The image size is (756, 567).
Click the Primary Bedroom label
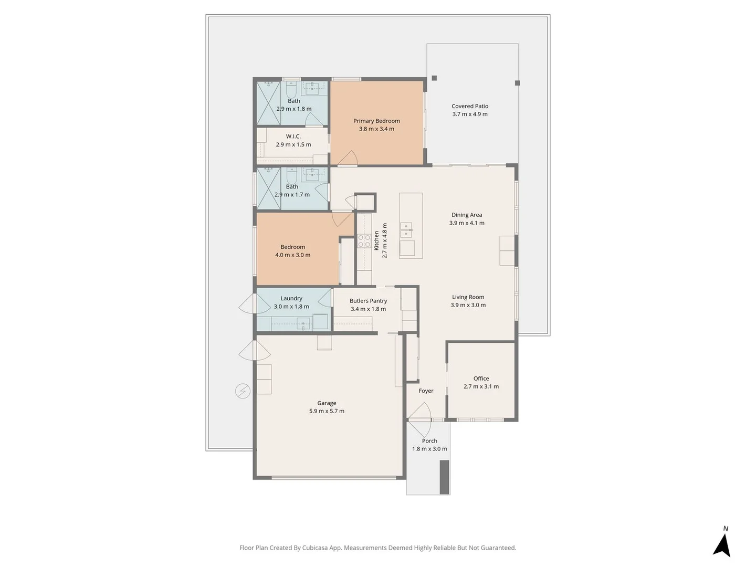tap(376, 121)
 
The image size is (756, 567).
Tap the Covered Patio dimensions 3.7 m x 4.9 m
tap(469, 114)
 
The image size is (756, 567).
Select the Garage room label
tap(327, 403)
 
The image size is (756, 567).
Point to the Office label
tap(481, 379)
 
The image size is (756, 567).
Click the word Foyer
tap(426, 391)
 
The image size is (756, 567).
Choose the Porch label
tap(429, 440)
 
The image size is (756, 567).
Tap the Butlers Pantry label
tap(368, 301)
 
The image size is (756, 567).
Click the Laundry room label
tap(291, 299)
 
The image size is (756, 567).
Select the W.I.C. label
tap(293, 136)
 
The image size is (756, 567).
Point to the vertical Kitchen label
tap(376, 240)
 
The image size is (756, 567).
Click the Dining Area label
tap(467, 215)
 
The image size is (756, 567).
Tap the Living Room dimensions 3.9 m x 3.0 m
tap(468, 305)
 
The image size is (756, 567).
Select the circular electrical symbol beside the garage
tap(243, 392)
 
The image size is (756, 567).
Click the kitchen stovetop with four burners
tap(364, 240)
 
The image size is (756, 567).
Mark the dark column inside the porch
tap(444, 477)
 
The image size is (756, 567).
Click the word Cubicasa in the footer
tap(315, 548)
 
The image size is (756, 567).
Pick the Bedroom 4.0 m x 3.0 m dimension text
tap(292, 255)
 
